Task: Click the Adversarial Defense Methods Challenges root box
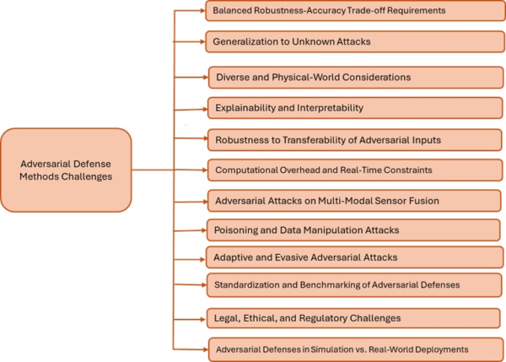coord(67,170)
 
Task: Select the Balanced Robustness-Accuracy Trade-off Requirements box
coord(353,12)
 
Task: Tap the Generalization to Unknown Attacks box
coord(353,41)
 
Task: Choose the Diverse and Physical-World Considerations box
coord(355,77)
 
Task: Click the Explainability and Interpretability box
coord(353,108)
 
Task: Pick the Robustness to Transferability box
coord(353,139)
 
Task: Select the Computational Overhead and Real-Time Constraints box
coord(353,170)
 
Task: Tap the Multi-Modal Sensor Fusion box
coord(353,201)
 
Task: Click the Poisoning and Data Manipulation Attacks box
coord(353,229)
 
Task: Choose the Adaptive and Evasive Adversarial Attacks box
coord(353,257)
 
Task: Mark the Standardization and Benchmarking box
coord(353,285)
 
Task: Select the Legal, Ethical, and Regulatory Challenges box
coord(353,317)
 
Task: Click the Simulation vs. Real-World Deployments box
coord(353,348)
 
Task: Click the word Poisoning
coord(236,229)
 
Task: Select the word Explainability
coord(244,108)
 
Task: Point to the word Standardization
coord(249,285)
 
